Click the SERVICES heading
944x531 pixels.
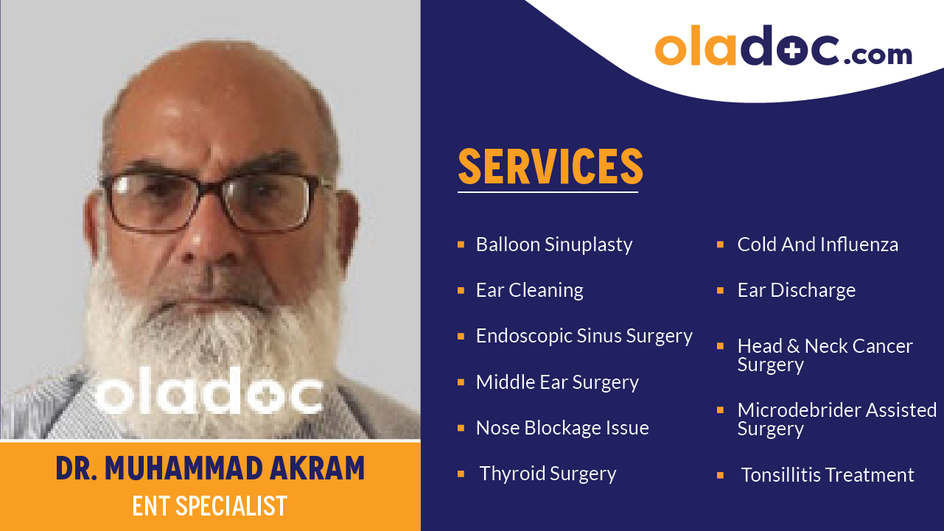pyautogui.click(x=550, y=166)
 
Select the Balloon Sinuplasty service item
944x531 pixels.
pyautogui.click(x=553, y=245)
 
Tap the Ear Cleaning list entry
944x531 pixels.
pyautogui.click(x=529, y=290)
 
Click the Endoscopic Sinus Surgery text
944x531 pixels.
pyautogui.click(x=584, y=336)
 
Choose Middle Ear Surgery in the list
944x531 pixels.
pyautogui.click(x=557, y=382)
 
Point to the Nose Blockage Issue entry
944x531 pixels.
pyautogui.click(x=562, y=428)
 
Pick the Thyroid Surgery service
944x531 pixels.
pyautogui.click(x=548, y=474)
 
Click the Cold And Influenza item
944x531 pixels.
pyautogui.click(x=817, y=245)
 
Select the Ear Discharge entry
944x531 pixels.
pyautogui.click(x=796, y=290)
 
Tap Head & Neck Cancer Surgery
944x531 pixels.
pyautogui.click(x=825, y=354)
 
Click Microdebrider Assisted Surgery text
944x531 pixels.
pyautogui.click(x=836, y=419)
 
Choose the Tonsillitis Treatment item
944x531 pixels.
pyautogui.click(x=827, y=475)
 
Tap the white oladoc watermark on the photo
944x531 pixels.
pyautogui.click(x=209, y=395)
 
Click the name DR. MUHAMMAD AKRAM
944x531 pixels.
pyautogui.click(x=210, y=469)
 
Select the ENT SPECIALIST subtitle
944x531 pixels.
pyautogui.click(x=210, y=506)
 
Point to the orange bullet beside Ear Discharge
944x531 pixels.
pyautogui.click(x=720, y=290)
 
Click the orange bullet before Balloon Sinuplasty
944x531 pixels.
pyautogui.click(x=461, y=244)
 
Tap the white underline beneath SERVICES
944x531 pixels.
pyautogui.click(x=547, y=192)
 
